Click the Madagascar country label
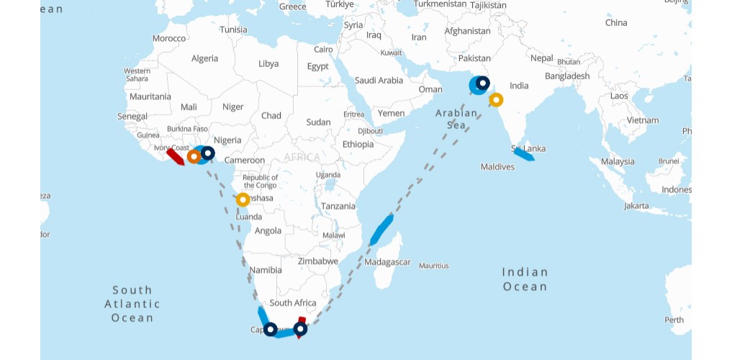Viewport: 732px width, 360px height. (387, 262)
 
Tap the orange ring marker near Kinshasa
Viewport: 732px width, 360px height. (243, 199)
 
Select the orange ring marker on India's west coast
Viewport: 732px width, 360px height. (496, 100)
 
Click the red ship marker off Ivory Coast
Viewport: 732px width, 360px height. (175, 156)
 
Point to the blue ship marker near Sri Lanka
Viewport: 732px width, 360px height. (523, 154)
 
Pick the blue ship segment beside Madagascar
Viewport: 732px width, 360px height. (381, 229)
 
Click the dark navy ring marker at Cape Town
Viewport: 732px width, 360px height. (270, 329)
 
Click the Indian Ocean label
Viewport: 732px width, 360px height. (525, 279)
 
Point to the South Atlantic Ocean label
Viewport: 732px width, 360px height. (132, 303)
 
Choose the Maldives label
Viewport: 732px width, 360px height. (497, 167)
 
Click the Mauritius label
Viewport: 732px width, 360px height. (433, 266)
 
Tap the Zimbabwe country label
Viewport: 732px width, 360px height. (317, 261)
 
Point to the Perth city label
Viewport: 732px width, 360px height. (674, 320)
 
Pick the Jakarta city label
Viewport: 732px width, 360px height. (636, 206)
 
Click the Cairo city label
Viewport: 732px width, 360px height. (323, 50)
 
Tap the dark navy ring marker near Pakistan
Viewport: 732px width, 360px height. (482, 84)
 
